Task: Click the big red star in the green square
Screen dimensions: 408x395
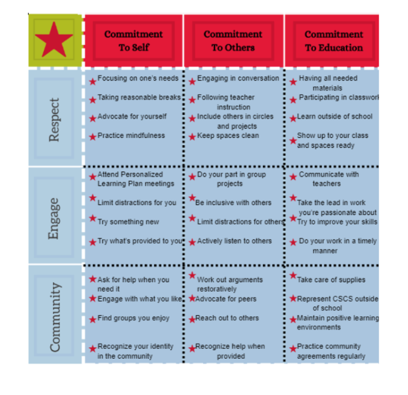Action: click(54, 40)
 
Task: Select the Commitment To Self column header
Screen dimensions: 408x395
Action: click(133, 41)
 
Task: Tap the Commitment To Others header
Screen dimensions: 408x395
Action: click(233, 41)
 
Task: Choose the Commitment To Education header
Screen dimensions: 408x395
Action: click(334, 41)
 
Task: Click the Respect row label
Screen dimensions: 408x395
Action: click(54, 120)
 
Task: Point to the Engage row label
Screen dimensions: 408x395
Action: click(54, 219)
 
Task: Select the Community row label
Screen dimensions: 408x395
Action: click(55, 317)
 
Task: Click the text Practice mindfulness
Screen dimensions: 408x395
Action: click(131, 136)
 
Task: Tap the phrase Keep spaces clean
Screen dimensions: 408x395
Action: click(228, 136)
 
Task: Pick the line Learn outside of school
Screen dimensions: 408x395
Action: click(334, 116)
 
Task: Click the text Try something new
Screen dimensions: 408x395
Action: click(128, 222)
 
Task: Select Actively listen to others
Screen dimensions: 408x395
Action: click(234, 241)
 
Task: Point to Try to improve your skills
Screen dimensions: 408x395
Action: click(337, 222)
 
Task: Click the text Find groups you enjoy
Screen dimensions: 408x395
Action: click(133, 318)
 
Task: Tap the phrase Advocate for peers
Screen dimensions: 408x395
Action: click(226, 299)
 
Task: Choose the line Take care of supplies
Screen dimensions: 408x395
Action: click(331, 279)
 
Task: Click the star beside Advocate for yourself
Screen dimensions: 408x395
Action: click(92, 119)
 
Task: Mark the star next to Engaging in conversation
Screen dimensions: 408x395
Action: click(192, 82)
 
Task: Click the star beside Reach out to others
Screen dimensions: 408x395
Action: click(192, 319)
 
